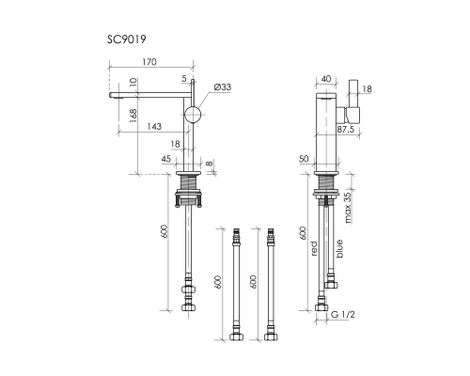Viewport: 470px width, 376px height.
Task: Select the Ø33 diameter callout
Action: (x=223, y=87)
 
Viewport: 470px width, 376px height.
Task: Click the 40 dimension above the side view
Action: (x=325, y=81)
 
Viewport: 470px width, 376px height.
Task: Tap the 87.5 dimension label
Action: (x=346, y=129)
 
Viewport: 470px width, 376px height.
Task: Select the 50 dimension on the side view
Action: (x=305, y=160)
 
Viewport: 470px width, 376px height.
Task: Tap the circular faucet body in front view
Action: (x=193, y=115)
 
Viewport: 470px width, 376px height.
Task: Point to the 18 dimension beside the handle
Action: (x=368, y=88)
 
